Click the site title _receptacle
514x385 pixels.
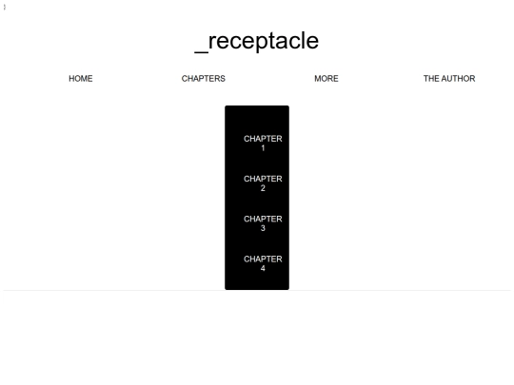256,42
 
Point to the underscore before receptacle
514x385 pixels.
201,51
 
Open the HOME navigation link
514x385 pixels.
81,79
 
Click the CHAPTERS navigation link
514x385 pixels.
204,79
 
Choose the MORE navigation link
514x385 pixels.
326,79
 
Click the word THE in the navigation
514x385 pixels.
431,79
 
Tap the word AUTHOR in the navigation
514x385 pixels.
458,79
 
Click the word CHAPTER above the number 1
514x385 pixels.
263,139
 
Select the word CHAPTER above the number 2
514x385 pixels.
263,179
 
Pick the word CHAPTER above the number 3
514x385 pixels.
263,219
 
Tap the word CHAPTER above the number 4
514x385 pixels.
263,259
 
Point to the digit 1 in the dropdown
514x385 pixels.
263,148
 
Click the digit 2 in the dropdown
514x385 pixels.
263,188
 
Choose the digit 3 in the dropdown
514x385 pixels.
263,228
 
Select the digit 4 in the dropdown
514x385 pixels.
263,268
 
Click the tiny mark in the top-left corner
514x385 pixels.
4,7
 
